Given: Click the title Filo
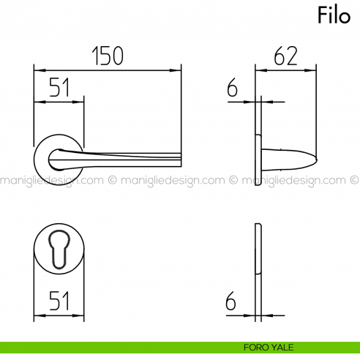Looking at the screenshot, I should coord(334,15).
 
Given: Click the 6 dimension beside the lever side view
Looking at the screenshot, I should coord(233,89).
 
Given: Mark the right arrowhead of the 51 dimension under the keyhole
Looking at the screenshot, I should coord(80,316).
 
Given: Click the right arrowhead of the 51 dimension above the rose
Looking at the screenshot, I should coord(80,101).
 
